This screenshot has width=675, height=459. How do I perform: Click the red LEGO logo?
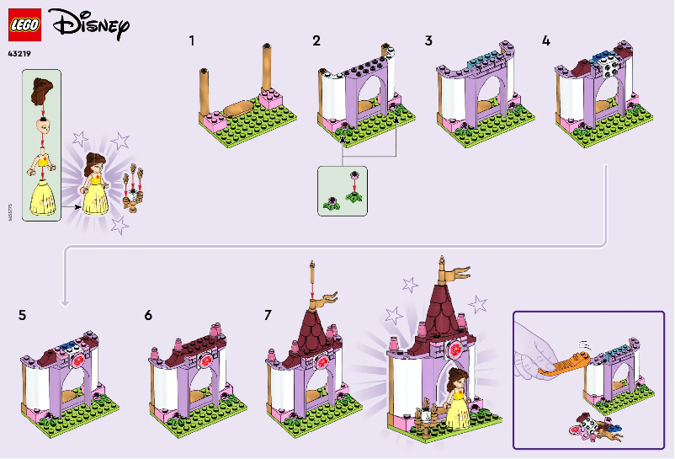point(26,25)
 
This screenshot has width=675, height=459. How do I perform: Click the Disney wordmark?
point(91,25)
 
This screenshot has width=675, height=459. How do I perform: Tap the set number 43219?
point(22,55)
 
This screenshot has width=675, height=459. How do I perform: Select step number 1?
point(193,40)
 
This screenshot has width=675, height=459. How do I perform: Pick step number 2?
point(316,40)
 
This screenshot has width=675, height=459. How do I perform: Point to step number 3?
point(428,40)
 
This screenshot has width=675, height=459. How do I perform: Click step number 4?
point(546,40)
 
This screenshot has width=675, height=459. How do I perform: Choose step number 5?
point(23,316)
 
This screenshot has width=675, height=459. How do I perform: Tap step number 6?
point(148,316)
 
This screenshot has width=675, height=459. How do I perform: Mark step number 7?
point(268,316)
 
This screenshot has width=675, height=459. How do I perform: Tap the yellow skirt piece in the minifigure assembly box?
point(43,195)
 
